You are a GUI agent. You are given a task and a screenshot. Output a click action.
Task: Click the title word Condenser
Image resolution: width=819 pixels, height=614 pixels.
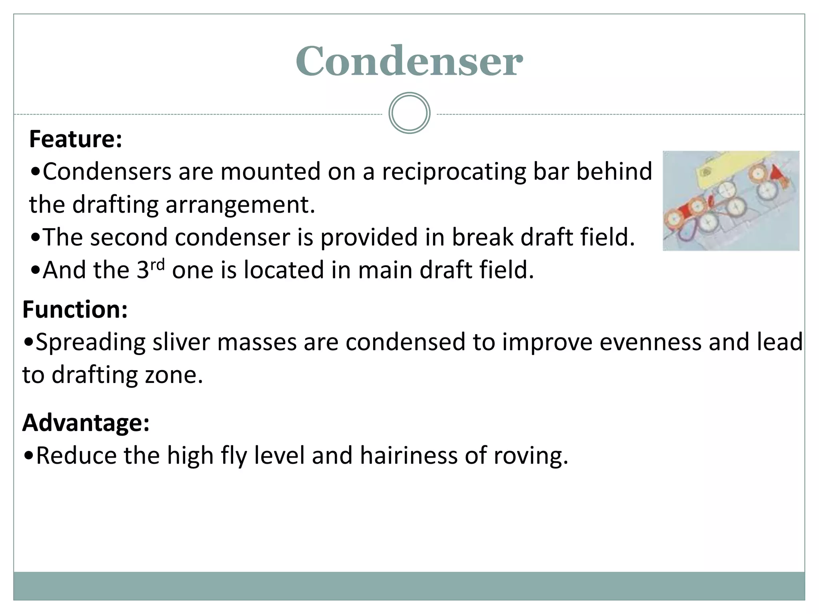click(x=409, y=61)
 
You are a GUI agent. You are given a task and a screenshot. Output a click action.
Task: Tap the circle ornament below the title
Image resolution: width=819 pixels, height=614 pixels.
click(x=409, y=113)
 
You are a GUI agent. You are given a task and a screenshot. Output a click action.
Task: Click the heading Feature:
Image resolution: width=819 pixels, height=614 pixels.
click(x=76, y=139)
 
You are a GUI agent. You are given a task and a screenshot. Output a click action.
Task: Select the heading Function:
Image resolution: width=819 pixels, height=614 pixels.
click(x=75, y=309)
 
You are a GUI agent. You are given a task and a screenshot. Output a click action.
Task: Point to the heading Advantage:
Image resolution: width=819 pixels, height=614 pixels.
click(x=86, y=423)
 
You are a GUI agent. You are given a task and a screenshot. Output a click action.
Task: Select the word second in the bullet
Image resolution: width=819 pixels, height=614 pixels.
click(x=129, y=237)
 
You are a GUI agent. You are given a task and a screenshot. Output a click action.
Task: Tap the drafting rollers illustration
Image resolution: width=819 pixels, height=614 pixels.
click(x=731, y=201)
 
